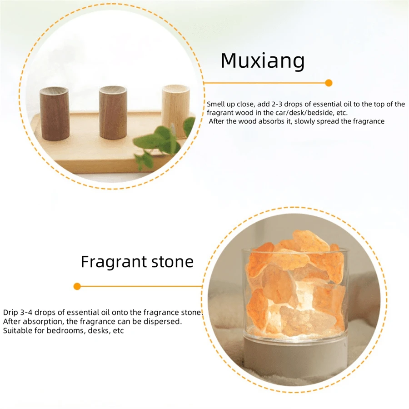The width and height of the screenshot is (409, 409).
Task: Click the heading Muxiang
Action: pos(262,61)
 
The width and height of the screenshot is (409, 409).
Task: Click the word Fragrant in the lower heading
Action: pos(114,262)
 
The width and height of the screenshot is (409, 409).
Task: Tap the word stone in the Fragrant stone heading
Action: pos(172,262)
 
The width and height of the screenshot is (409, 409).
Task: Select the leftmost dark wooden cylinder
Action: pos(54,114)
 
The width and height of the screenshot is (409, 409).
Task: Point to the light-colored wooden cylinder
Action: pos(175,110)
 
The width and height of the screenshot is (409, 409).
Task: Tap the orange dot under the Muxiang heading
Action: pos(329,83)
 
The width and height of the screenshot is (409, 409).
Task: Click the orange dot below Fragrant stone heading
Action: pos(77,286)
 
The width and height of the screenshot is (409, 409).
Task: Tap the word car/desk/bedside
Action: pos(303,113)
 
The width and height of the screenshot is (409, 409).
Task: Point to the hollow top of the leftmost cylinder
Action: pos(54,90)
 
